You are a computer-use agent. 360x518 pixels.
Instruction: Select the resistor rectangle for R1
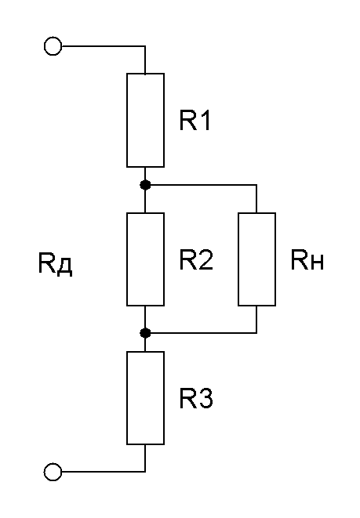click(x=127, y=120)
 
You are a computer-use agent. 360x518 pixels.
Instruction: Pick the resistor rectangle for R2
click(x=127, y=259)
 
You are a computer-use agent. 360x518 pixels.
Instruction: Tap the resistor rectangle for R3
click(x=127, y=398)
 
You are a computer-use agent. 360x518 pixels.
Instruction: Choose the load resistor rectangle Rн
click(x=238, y=259)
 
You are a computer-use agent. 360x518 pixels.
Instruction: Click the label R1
click(x=195, y=120)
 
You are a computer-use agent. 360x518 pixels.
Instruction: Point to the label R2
click(x=196, y=259)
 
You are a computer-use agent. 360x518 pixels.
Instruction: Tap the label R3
click(x=196, y=398)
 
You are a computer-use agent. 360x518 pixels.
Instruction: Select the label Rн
click(x=307, y=260)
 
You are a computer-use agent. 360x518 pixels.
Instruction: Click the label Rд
click(x=55, y=263)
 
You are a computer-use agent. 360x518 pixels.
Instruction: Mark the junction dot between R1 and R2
click(x=145, y=185)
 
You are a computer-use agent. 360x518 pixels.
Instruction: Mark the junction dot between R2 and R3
click(x=145, y=333)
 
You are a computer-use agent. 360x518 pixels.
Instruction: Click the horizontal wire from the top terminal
click(x=104, y=46)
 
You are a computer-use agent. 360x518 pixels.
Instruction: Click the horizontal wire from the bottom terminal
click(x=104, y=472)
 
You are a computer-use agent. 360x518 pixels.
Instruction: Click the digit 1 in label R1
click(x=205, y=120)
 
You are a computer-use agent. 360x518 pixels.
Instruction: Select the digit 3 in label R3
click(x=205, y=398)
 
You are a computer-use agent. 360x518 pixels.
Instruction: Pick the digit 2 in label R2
click(x=205, y=259)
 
